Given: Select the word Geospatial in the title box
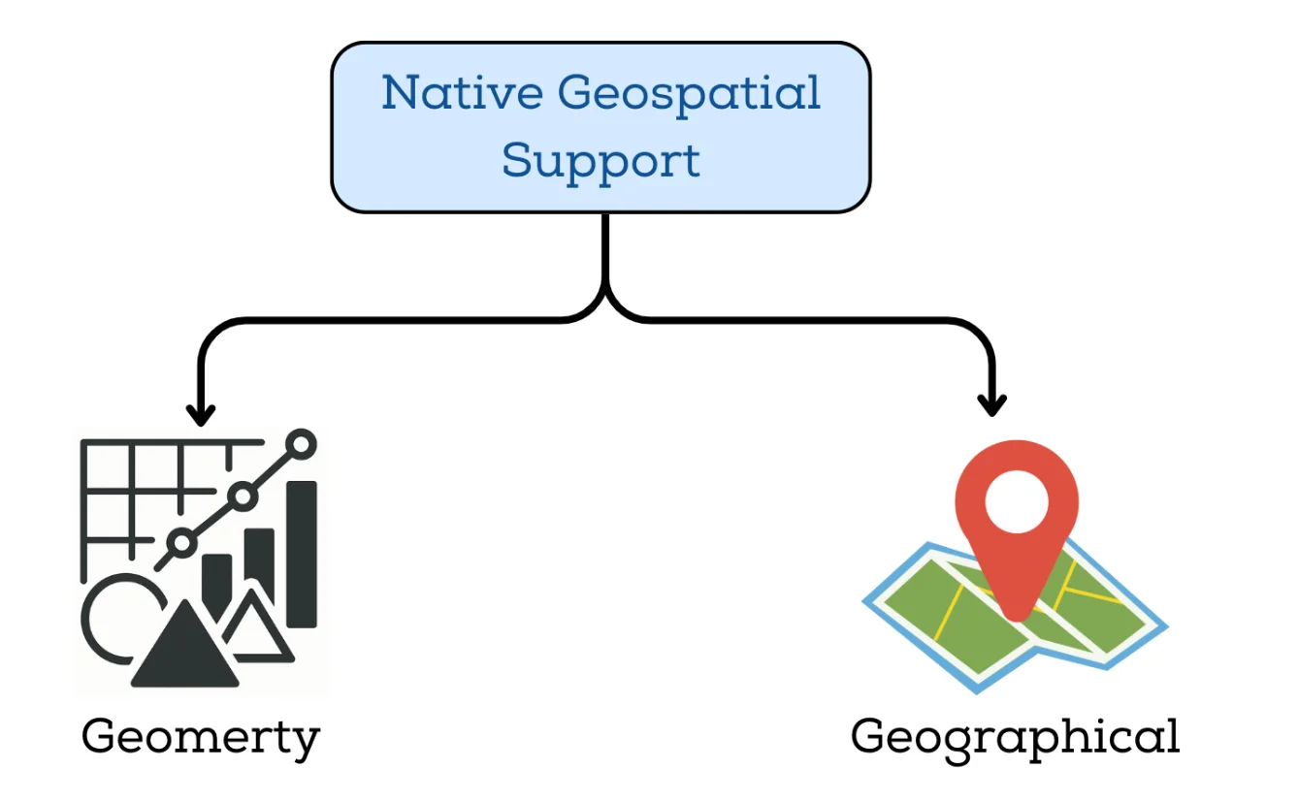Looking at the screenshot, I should pyautogui.click(x=690, y=95).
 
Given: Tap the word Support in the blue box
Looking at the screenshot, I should pyautogui.click(x=600, y=160).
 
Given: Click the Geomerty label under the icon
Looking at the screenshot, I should pyautogui.click(x=200, y=738).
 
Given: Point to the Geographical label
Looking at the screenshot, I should pyautogui.click(x=1015, y=738).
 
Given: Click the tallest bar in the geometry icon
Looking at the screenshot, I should pyautogui.click(x=302, y=553).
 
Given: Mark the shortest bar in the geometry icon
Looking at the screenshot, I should pyautogui.click(x=216, y=582).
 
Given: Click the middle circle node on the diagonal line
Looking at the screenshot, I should pyautogui.click(x=242, y=497).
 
